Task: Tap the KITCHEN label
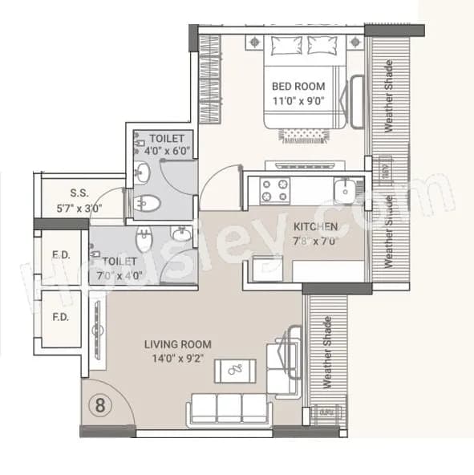click(x=315, y=227)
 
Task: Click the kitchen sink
click(x=346, y=191)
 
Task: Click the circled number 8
click(x=101, y=403)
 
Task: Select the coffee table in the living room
click(x=234, y=371)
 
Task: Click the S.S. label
click(x=79, y=193)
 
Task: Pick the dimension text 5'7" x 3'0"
click(x=79, y=207)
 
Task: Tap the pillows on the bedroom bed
click(x=306, y=47)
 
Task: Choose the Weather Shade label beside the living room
click(x=326, y=353)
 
